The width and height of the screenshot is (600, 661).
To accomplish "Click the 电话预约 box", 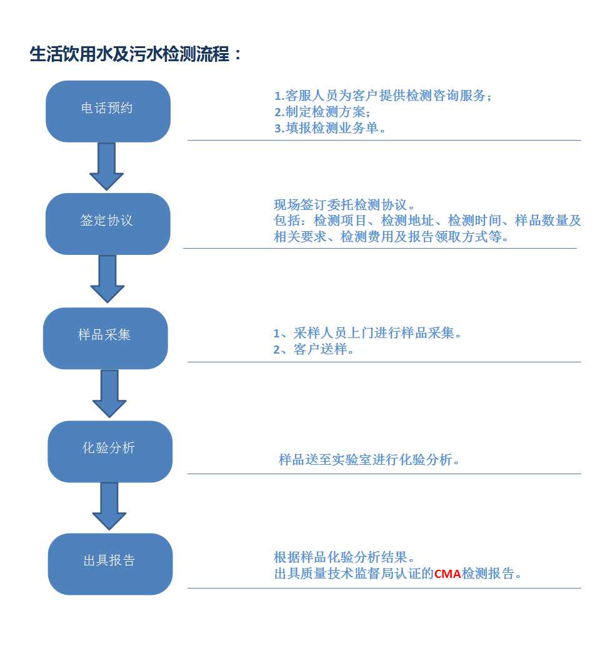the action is click(x=108, y=111).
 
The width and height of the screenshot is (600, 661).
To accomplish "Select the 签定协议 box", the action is click(x=108, y=224).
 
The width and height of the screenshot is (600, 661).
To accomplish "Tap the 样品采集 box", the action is click(x=106, y=338).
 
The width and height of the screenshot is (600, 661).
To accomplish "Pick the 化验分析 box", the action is click(x=110, y=452).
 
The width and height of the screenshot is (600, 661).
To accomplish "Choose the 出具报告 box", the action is click(x=110, y=564).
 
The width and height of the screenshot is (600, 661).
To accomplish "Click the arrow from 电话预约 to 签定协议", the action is click(x=107, y=167).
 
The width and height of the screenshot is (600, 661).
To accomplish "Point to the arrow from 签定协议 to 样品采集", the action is click(x=107, y=279).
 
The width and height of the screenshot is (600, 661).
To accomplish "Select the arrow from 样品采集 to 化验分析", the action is click(x=109, y=394).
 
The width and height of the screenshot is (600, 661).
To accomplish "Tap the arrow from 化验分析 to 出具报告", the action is click(x=109, y=506).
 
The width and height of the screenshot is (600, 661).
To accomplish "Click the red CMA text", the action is click(x=447, y=574).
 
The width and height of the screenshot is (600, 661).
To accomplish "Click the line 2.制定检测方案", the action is click(x=322, y=112).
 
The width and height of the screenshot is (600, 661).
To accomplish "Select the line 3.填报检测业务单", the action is click(x=330, y=127).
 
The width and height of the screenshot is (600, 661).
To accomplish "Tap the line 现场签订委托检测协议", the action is click(x=344, y=205).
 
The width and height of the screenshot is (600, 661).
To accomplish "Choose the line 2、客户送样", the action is click(x=314, y=349).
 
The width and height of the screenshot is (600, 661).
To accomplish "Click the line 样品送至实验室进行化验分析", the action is click(x=369, y=459).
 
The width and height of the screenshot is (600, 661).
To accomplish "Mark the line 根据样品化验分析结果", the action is click(x=344, y=557).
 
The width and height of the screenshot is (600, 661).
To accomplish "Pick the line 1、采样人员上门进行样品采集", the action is click(x=367, y=333).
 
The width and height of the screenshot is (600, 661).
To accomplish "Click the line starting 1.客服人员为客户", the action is click(x=383, y=96).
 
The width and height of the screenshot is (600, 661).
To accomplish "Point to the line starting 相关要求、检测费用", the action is click(x=391, y=237).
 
